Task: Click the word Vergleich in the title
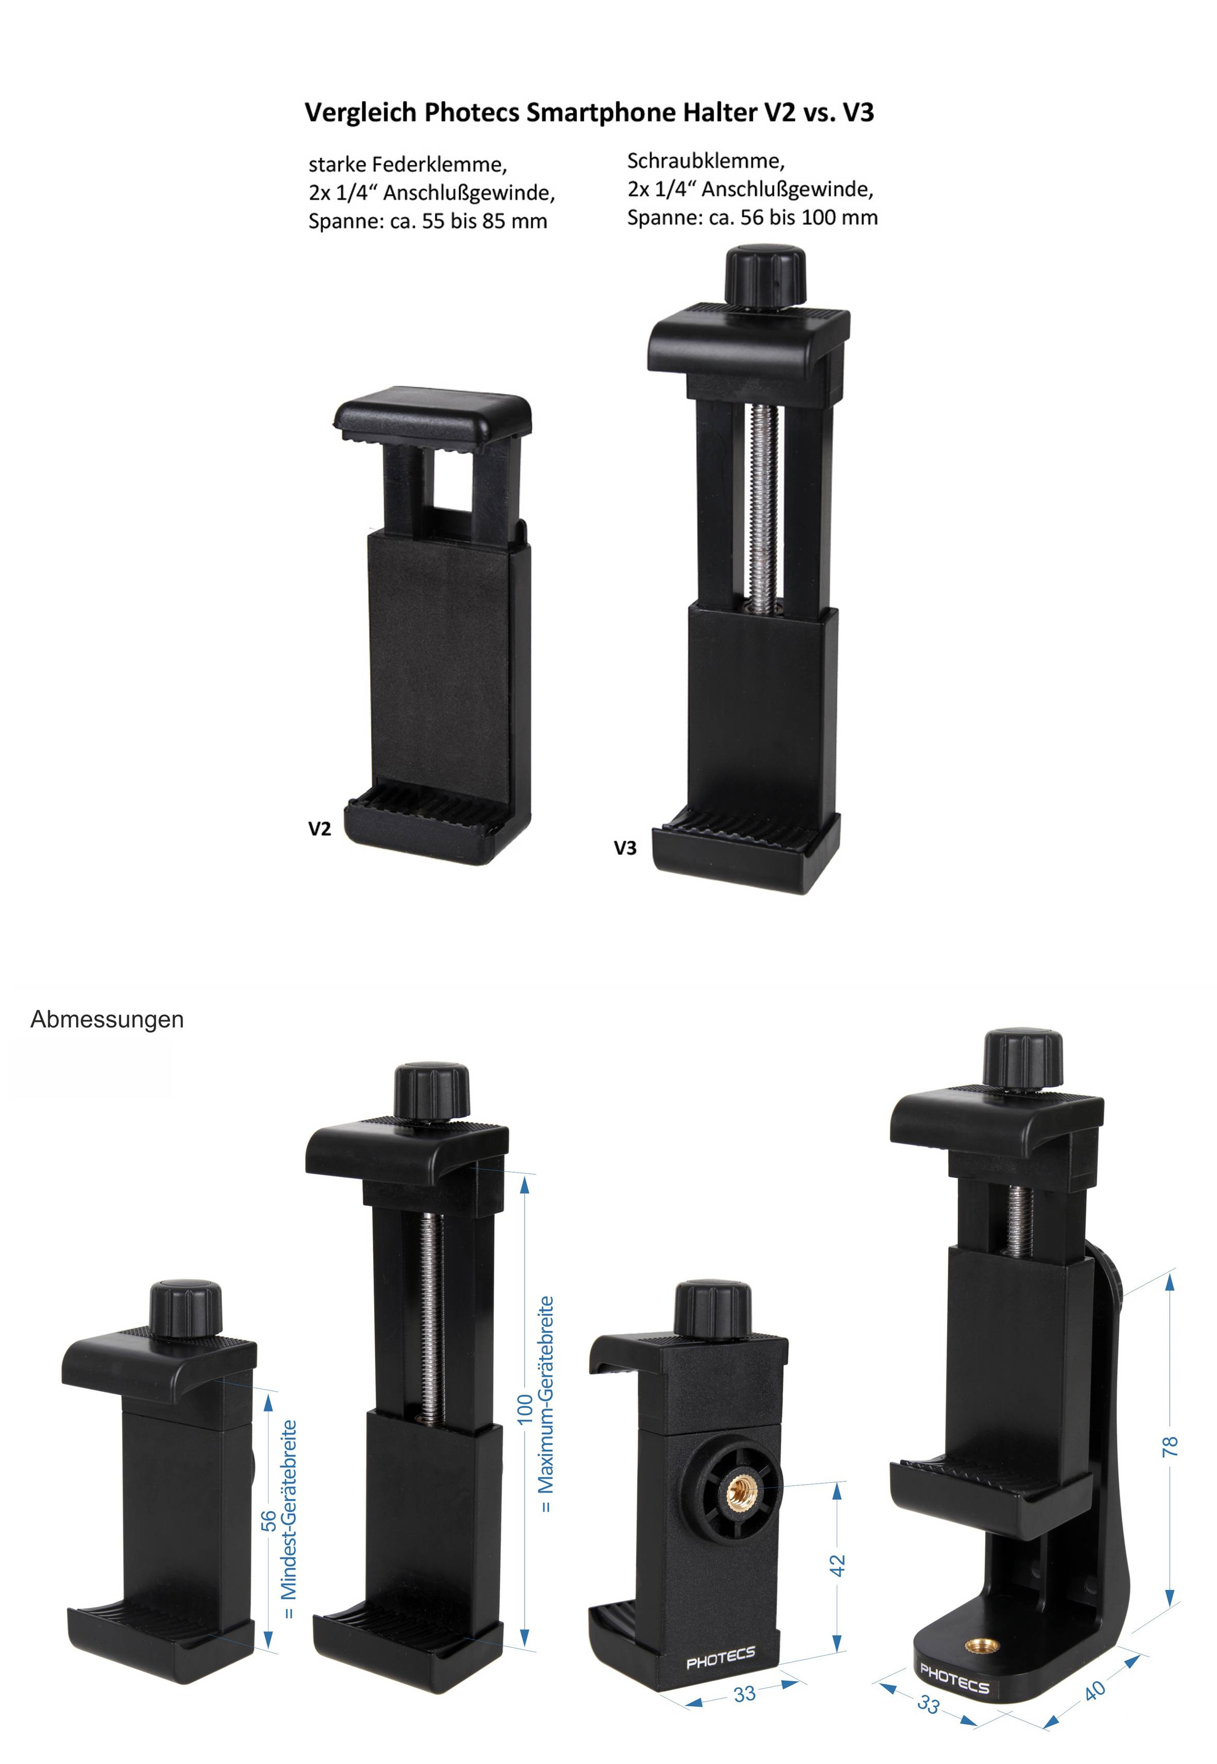click(361, 113)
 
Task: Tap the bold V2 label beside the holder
click(319, 829)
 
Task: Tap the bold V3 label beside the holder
click(626, 848)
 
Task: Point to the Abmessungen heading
click(107, 1020)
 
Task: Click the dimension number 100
click(525, 1408)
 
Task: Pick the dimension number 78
click(1170, 1446)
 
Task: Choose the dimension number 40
click(1095, 1691)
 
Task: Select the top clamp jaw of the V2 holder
click(432, 414)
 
